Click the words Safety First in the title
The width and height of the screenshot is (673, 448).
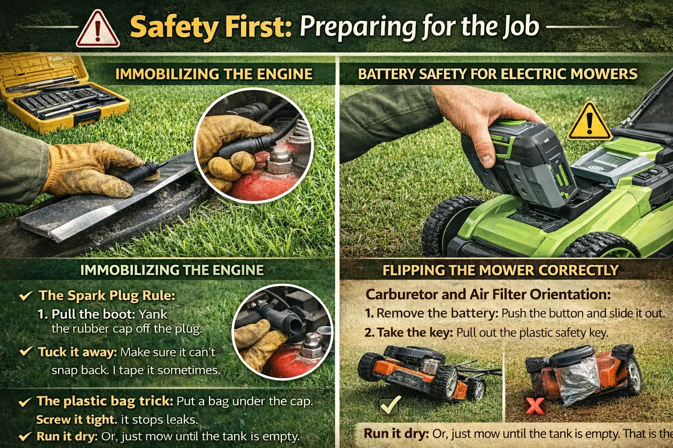pyautogui.click(x=211, y=27)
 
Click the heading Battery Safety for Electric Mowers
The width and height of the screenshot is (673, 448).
pyautogui.click(x=497, y=74)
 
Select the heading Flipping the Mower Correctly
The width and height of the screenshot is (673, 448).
pyautogui.click(x=500, y=270)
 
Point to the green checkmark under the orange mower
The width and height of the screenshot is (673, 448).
pyautogui.click(x=390, y=405)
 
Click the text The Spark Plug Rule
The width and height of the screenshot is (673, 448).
pyautogui.click(x=107, y=295)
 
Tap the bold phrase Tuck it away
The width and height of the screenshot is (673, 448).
pyautogui.click(x=77, y=352)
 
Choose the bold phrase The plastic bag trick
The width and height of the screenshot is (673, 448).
pyautogui.click(x=105, y=401)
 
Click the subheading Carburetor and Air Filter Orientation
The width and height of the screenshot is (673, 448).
pyautogui.click(x=488, y=294)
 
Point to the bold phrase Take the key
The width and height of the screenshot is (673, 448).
pyautogui.click(x=414, y=332)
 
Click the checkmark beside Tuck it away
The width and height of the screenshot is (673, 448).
pyautogui.click(x=26, y=351)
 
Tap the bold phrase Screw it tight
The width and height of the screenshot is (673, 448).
pyautogui.click(x=76, y=420)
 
